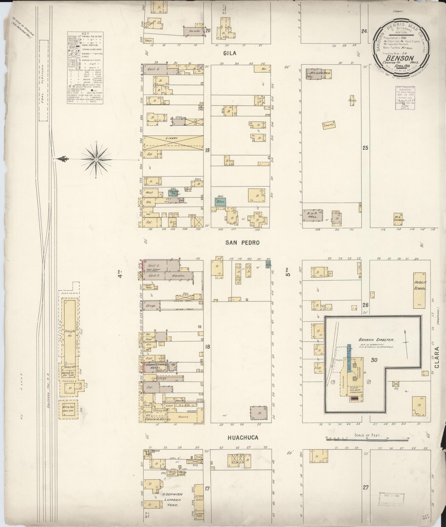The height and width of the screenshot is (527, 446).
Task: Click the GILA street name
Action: click(229, 53)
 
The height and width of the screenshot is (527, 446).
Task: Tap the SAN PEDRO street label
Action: click(242, 243)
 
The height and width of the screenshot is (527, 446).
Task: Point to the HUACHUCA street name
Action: click(243, 438)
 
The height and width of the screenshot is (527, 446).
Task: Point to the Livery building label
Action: click(172, 138)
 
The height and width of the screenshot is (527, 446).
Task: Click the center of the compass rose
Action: click(96, 160)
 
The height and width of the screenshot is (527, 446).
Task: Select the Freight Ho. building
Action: click(69, 333)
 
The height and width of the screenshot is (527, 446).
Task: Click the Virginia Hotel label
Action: click(157, 419)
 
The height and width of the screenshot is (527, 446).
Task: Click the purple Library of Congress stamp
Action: click(405, 98)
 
